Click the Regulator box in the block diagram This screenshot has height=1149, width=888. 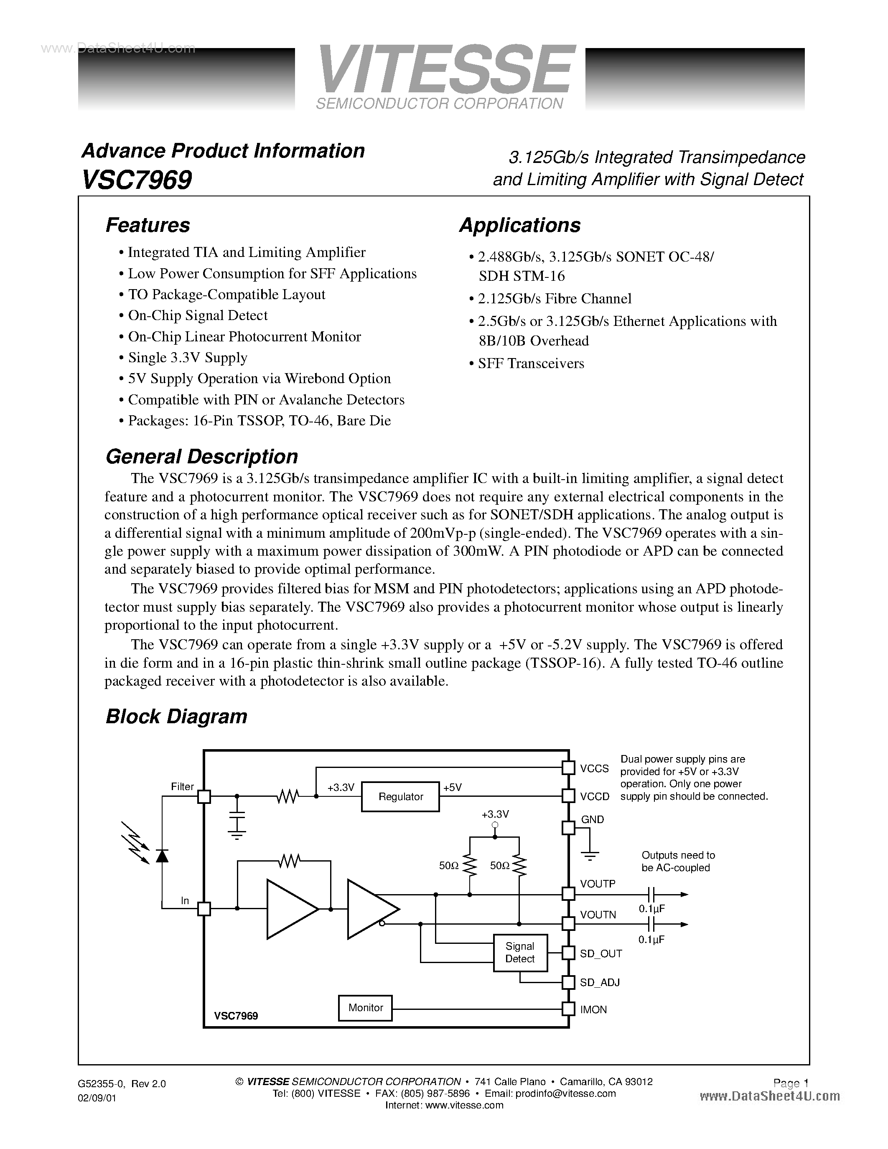point(400,796)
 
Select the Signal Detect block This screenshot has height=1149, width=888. point(520,953)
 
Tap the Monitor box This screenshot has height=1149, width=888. point(366,1007)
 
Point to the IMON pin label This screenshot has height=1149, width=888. point(593,1009)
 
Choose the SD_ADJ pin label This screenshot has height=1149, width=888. point(600,982)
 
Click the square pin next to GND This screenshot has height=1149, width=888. point(568,828)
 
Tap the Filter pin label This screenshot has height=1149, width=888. point(182,786)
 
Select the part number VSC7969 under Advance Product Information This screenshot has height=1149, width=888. point(137,180)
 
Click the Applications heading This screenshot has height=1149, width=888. point(520,225)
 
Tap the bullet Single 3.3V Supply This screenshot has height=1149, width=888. point(187,358)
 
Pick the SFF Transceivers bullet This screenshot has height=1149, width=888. point(530,364)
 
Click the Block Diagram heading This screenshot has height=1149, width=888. point(176,717)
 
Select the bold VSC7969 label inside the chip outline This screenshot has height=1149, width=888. point(236,1016)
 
